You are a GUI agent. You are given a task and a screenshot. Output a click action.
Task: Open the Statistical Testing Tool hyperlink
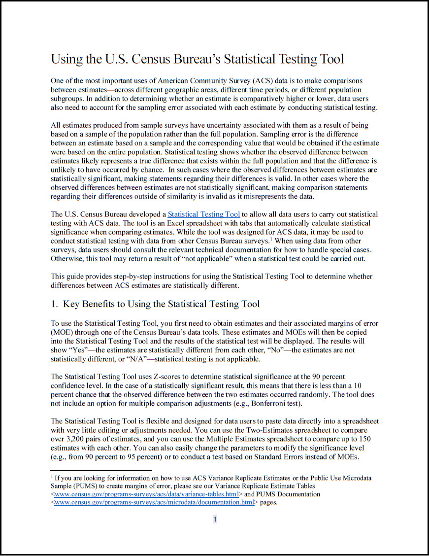tap(204, 214)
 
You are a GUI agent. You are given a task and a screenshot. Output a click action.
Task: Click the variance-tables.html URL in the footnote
tap(146, 494)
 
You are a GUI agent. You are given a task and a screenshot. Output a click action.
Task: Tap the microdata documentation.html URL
tap(154, 502)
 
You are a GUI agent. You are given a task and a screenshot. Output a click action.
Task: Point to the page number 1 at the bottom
tap(215, 519)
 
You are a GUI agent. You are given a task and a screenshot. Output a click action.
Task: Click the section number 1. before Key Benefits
tap(55, 304)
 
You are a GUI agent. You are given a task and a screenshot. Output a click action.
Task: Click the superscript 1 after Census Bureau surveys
tap(272, 240)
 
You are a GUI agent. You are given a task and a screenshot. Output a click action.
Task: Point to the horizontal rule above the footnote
tap(101, 471)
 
